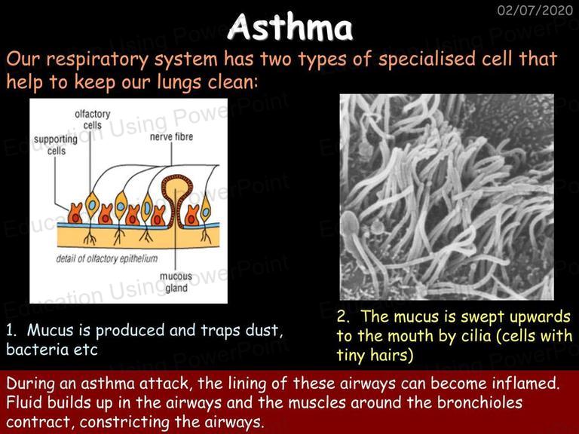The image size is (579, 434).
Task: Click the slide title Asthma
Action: pyautogui.click(x=290, y=27)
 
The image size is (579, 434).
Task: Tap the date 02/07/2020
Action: pyautogui.click(x=535, y=10)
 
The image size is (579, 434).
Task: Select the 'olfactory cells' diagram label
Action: pyautogui.click(x=92, y=120)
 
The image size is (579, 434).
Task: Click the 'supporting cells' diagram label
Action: pyautogui.click(x=56, y=145)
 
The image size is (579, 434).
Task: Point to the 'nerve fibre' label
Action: pyautogui.click(x=171, y=137)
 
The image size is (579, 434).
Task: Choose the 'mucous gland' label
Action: pyautogui.click(x=176, y=282)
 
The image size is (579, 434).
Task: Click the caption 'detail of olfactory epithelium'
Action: pyautogui.click(x=107, y=258)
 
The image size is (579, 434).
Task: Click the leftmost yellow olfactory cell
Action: pyautogui.click(x=92, y=204)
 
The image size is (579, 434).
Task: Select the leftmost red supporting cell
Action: pyautogui.click(x=75, y=213)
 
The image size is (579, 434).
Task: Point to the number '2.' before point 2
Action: pyautogui.click(x=343, y=317)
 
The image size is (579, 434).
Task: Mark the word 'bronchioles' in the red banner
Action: pyautogui.click(x=479, y=402)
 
